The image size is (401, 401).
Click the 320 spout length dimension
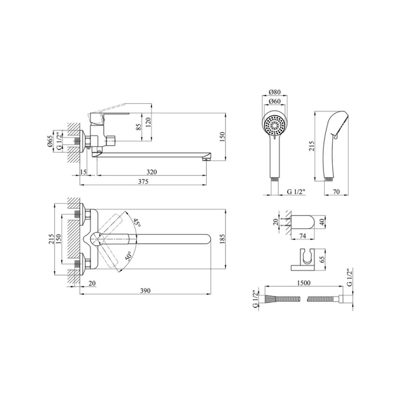click(151, 172)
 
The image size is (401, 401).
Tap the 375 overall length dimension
click(143, 181)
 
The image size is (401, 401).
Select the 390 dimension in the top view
click(146, 291)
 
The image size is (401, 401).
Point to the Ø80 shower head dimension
click(275, 92)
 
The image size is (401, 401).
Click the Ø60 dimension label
click(275, 102)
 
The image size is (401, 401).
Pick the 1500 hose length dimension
click(304, 283)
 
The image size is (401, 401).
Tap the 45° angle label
click(137, 223)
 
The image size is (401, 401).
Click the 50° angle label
click(129, 256)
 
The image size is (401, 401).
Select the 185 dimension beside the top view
click(222, 239)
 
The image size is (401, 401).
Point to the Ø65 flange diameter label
click(50, 141)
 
